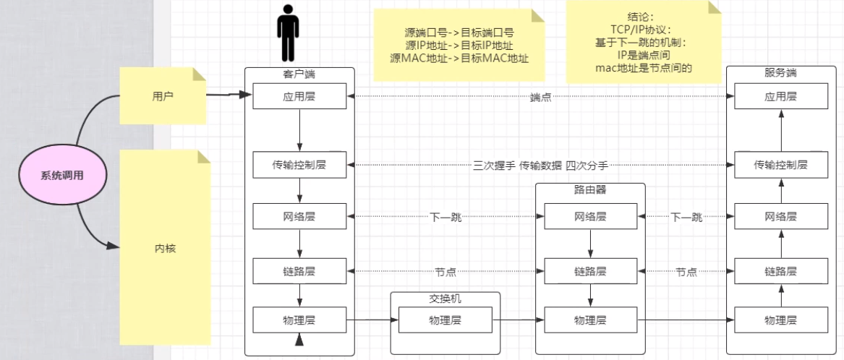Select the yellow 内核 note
[x=166, y=248]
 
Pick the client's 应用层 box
[x=299, y=96]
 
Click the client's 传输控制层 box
[x=299, y=165]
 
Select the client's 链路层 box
[x=299, y=272]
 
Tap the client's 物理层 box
[x=299, y=319]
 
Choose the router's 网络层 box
[x=590, y=216]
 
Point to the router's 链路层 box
[x=590, y=272]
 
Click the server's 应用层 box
[x=780, y=96]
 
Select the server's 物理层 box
[x=780, y=319]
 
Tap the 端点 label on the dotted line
[x=540, y=97]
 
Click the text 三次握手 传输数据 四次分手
[x=540, y=166]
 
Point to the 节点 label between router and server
[x=686, y=273]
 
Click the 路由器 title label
[x=590, y=189]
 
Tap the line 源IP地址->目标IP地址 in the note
[x=456, y=46]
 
